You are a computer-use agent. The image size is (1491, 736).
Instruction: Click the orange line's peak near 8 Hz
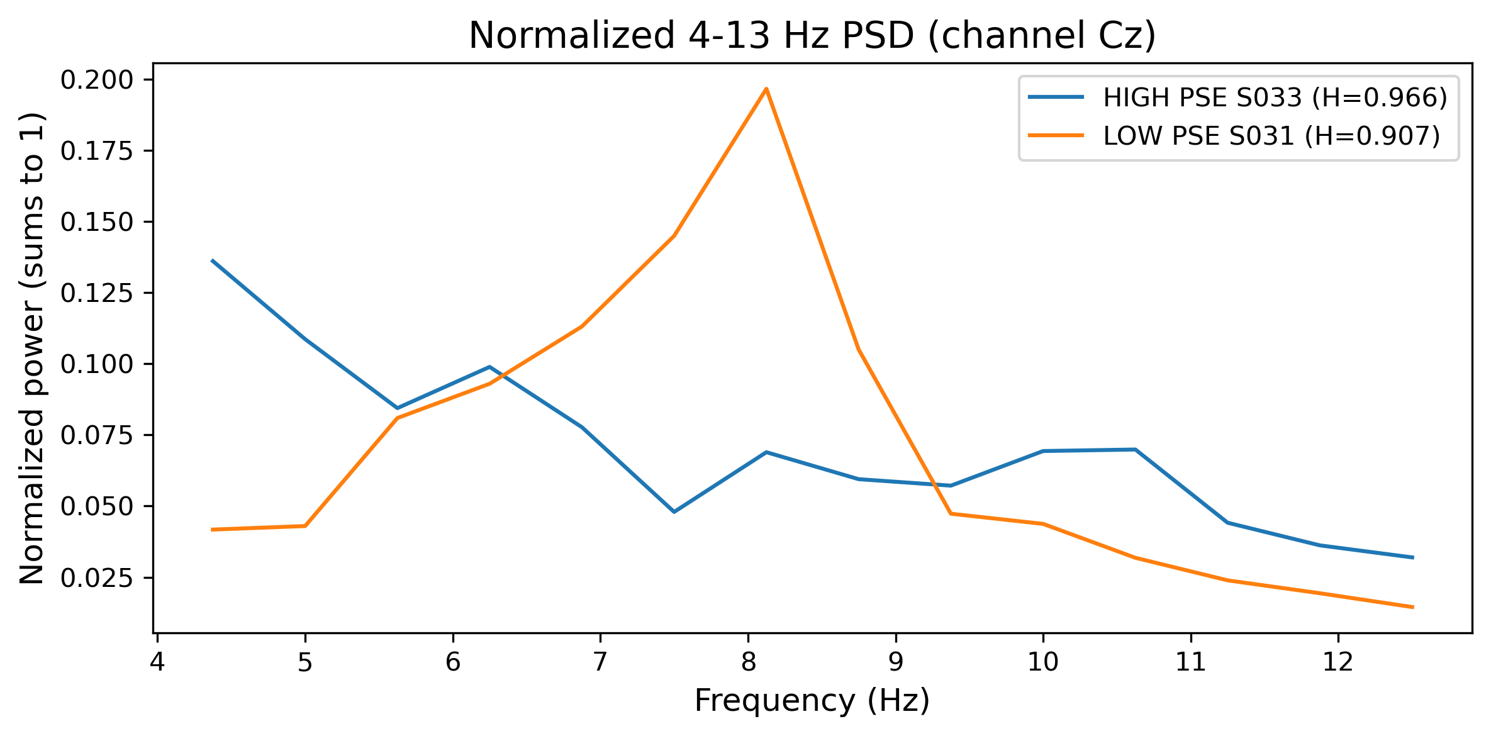(x=766, y=89)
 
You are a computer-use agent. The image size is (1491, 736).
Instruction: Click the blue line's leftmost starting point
(x=213, y=260)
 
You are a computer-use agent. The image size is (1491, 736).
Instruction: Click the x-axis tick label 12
(x=1337, y=662)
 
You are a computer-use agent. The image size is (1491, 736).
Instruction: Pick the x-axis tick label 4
(x=157, y=662)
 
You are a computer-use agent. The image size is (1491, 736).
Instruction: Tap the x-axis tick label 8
(x=748, y=662)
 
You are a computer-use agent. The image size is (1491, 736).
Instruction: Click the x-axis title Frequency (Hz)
(x=812, y=701)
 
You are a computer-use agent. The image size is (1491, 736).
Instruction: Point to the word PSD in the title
(x=877, y=36)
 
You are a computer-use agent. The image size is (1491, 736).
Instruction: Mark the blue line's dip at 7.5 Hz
(x=674, y=511)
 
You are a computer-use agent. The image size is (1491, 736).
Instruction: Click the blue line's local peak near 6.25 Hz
(x=489, y=367)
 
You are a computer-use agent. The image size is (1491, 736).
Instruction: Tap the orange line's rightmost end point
(x=1413, y=607)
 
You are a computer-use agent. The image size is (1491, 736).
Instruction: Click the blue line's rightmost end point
(x=1413, y=557)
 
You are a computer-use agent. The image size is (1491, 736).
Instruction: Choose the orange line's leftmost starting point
(x=213, y=530)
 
